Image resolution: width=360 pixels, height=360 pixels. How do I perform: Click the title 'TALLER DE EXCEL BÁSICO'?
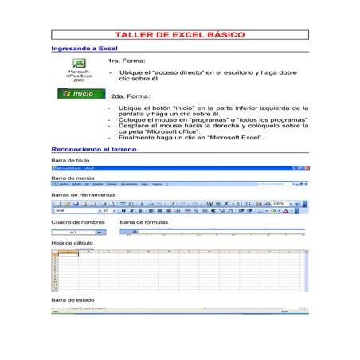coord(179,36)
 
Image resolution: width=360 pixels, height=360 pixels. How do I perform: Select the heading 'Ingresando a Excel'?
coord(79,49)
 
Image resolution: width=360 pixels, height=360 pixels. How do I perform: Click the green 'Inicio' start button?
coord(80,94)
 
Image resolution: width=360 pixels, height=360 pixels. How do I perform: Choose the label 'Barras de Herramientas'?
coord(83,194)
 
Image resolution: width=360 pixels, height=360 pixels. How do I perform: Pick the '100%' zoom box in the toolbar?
coord(280,204)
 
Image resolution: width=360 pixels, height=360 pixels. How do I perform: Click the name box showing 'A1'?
coord(74,231)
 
